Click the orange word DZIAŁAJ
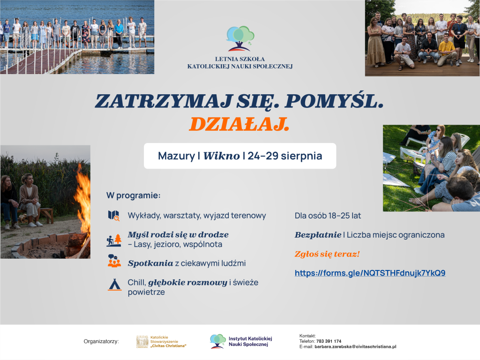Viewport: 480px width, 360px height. coord(239,124)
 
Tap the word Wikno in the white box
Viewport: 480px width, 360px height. coord(222,156)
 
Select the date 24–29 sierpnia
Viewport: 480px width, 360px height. coord(285,156)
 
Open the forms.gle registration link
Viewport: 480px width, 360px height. coord(370,273)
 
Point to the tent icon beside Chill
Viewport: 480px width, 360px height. coord(115,285)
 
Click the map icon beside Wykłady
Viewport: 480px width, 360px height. coord(113,216)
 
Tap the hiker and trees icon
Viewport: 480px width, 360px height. coord(114,240)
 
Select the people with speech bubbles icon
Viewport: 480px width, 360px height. coord(114,261)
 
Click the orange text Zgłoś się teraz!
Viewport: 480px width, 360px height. coord(327,254)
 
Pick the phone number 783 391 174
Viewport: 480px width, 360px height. coord(329,341)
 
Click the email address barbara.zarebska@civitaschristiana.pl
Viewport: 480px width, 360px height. coord(355,346)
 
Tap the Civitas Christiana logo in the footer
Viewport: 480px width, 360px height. coord(161,342)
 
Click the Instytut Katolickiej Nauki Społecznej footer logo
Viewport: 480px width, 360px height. coord(241,341)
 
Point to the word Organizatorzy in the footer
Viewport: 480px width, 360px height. coord(101,341)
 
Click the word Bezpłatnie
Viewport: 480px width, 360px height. coord(318,235)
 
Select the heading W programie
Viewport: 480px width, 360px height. coord(133,195)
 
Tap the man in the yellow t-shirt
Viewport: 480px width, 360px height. coord(446,52)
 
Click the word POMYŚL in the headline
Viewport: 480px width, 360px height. coord(334,101)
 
